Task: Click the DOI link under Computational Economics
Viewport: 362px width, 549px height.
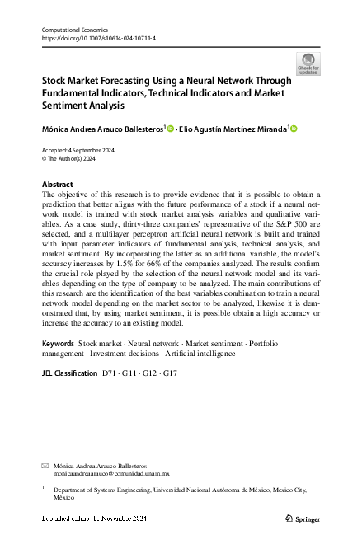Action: click(98, 38)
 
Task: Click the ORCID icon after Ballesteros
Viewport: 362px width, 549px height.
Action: click(172, 129)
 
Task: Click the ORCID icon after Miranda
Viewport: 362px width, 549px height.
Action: click(293, 129)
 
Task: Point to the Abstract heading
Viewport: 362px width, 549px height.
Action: click(57, 184)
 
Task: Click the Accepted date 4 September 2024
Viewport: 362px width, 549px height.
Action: click(78, 149)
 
